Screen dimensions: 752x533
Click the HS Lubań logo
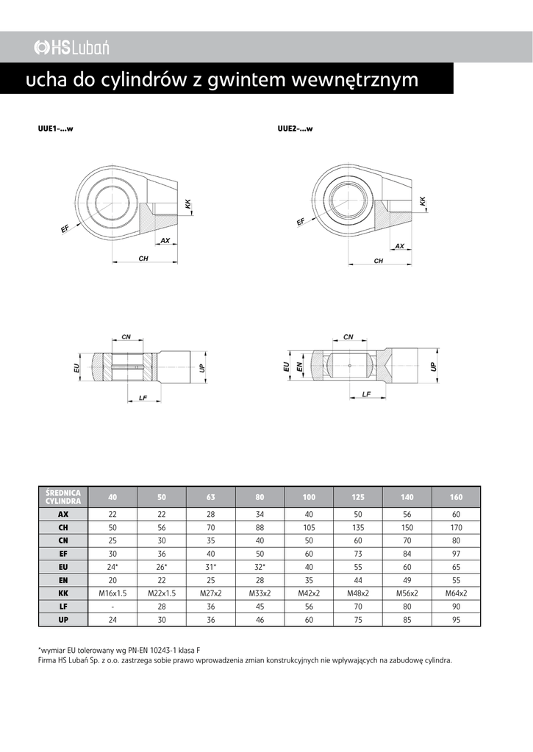[x=71, y=48]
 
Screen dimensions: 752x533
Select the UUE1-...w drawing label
[x=55, y=129]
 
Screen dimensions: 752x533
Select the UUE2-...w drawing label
[x=296, y=129]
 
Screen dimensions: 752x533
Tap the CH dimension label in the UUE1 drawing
[x=144, y=258]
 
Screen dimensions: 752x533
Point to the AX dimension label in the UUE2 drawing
[x=400, y=246]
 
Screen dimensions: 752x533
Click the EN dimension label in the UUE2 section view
[x=300, y=366]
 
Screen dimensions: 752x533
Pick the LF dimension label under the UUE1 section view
[x=143, y=397]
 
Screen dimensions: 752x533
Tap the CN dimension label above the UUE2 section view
[x=348, y=337]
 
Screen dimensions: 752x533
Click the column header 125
[x=358, y=496]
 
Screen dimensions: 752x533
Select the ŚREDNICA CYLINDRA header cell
[x=62, y=496]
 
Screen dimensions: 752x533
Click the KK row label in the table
[x=62, y=593]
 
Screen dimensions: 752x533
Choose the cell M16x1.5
[x=112, y=593]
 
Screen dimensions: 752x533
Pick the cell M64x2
[x=457, y=593]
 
